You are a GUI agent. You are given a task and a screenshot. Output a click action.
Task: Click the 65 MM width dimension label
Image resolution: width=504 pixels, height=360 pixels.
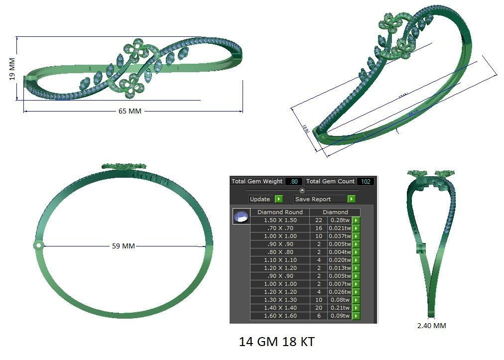pyautogui.click(x=130, y=111)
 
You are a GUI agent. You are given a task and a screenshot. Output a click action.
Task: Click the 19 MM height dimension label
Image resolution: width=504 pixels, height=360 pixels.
pyautogui.click(x=12, y=69)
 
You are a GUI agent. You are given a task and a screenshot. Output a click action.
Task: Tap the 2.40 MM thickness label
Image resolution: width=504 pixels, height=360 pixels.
pyautogui.click(x=431, y=326)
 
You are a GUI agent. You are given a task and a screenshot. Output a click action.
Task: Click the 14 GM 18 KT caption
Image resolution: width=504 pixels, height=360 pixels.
pyautogui.click(x=276, y=342)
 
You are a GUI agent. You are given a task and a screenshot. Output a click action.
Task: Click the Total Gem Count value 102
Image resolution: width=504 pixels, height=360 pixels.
pyautogui.click(x=366, y=181)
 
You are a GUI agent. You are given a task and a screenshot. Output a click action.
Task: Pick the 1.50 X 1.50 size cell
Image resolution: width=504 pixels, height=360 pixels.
pyautogui.click(x=280, y=220)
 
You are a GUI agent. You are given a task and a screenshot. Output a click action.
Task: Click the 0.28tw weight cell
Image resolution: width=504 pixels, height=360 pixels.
pyautogui.click(x=340, y=220)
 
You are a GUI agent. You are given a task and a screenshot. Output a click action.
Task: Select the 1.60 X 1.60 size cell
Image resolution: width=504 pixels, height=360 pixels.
pyautogui.click(x=280, y=316)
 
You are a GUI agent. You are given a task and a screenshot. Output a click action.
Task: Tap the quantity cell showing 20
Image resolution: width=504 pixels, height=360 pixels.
pyautogui.click(x=319, y=308)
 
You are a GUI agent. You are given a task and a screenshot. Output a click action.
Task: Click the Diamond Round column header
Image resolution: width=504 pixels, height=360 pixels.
pyautogui.click(x=280, y=212)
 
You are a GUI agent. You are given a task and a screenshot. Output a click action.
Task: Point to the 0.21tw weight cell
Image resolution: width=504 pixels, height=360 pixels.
pyautogui.click(x=340, y=308)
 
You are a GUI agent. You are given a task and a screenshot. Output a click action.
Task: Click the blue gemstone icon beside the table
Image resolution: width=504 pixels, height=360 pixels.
pyautogui.click(x=241, y=217)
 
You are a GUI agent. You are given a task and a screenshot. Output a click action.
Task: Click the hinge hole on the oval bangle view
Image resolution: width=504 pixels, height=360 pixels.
pyautogui.click(x=38, y=245)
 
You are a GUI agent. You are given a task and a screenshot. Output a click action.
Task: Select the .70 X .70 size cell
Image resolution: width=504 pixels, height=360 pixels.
pyautogui.click(x=280, y=228)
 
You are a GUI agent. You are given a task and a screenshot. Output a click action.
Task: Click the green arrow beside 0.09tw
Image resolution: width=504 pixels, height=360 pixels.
pyautogui.click(x=356, y=316)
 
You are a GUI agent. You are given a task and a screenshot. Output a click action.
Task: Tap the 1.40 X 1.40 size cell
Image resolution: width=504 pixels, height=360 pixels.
pyautogui.click(x=280, y=308)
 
